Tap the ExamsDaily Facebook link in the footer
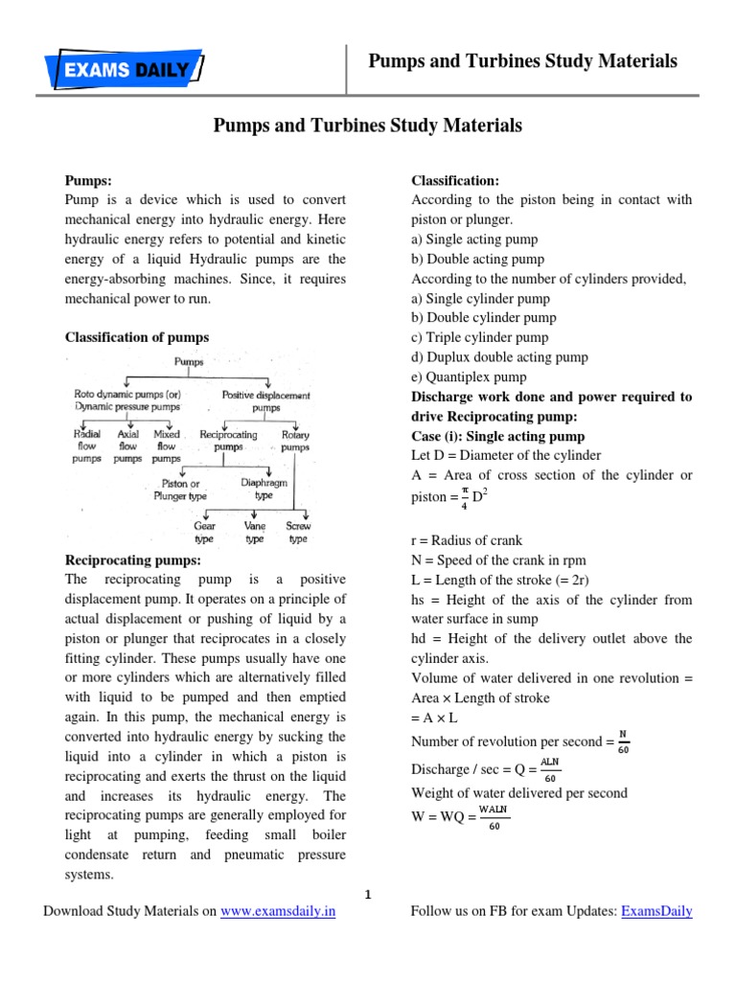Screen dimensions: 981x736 (656, 911)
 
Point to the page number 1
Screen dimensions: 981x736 (367, 895)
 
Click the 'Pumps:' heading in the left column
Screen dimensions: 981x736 (88, 180)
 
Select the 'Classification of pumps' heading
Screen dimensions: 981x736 (136, 337)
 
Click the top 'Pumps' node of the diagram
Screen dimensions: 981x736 (189, 363)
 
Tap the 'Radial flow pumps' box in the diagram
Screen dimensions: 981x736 (87, 446)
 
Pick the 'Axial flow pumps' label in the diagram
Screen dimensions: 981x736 (127, 446)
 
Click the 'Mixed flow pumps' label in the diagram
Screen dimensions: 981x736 (166, 446)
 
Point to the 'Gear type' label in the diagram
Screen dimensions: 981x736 (204, 533)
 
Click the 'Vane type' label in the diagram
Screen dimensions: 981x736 (254, 533)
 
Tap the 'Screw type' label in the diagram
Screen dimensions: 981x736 (298, 533)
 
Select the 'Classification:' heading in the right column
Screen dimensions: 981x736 (455, 180)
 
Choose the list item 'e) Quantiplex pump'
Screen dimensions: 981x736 (469, 376)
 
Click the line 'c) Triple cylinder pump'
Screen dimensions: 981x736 (479, 337)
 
